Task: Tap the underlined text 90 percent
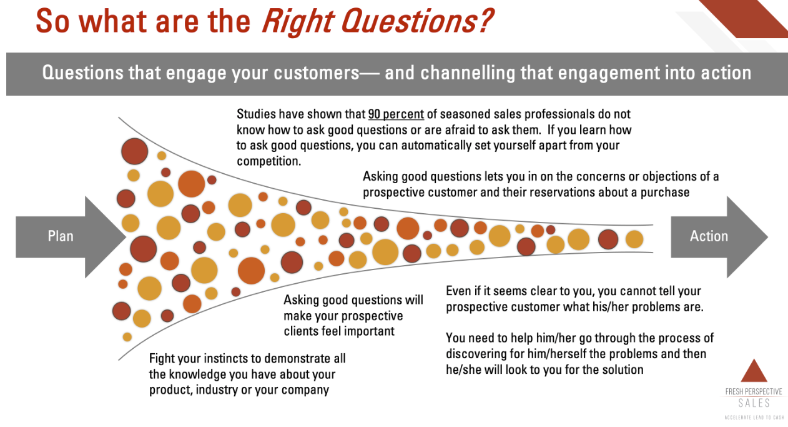tap(396, 114)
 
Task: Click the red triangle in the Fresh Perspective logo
tap(753, 371)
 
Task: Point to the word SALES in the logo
tap(753, 403)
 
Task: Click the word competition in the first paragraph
tap(268, 161)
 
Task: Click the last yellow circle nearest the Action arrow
tap(634, 239)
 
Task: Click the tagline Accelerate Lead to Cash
tap(753, 417)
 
